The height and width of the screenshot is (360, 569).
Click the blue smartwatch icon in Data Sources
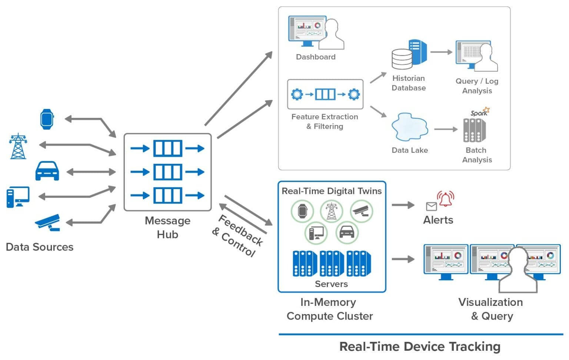coord(47,119)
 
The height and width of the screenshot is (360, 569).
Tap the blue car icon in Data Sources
coord(47,171)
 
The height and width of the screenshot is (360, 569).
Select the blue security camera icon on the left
coord(48,222)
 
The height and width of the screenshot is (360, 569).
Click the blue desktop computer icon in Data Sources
coord(18,197)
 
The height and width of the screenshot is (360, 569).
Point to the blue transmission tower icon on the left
coord(18,146)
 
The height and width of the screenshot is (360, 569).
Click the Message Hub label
coord(167,227)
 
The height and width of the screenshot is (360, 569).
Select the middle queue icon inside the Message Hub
coord(167,172)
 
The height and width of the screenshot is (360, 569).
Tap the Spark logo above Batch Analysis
coord(480,112)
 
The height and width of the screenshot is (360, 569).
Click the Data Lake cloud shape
coord(409,127)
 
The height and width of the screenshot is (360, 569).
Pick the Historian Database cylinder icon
coord(402,59)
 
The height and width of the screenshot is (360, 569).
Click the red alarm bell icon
coord(445,199)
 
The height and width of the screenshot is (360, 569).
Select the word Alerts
coord(438,220)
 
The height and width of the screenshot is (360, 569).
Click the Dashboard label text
coord(316,57)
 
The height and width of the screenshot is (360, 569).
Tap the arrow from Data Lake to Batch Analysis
coord(446,129)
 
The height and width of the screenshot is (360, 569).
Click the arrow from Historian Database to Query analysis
coord(441,52)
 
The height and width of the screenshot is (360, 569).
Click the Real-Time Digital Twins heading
coord(332,191)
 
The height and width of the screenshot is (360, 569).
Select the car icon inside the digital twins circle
coord(347,232)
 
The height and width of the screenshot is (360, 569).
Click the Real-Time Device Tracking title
coord(420,346)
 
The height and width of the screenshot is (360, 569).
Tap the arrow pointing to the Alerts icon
coord(403,205)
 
